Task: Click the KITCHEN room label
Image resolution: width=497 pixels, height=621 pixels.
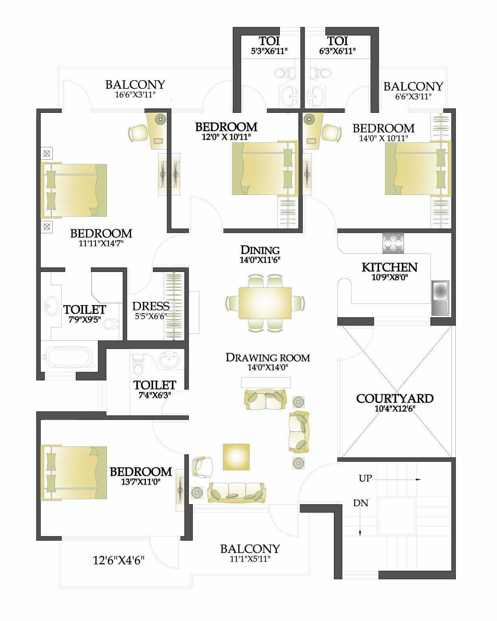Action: click(x=390, y=267)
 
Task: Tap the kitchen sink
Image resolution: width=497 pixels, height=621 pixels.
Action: click(x=440, y=298)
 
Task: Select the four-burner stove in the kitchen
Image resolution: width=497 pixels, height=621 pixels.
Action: click(x=393, y=243)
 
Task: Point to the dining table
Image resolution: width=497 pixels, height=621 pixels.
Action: click(x=265, y=303)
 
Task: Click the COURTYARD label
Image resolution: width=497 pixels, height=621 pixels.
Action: click(x=395, y=399)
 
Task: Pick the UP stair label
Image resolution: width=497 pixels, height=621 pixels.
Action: click(x=365, y=478)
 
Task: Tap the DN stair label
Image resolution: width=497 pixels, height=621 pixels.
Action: click(x=361, y=503)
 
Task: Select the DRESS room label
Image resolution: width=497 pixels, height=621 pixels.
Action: click(x=151, y=306)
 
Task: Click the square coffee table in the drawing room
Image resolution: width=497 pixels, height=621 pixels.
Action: click(x=236, y=457)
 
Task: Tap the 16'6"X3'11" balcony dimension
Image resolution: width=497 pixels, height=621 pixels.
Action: click(x=135, y=95)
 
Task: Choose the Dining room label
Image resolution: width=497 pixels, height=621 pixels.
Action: click(x=260, y=250)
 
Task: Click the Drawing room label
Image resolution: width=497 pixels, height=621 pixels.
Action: click(x=268, y=358)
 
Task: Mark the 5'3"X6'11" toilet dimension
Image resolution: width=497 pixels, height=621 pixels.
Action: click(x=269, y=51)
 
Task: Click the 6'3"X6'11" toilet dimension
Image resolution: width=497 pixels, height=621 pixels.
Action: click(x=337, y=51)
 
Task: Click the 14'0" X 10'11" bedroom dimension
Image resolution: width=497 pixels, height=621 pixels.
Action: click(x=383, y=138)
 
